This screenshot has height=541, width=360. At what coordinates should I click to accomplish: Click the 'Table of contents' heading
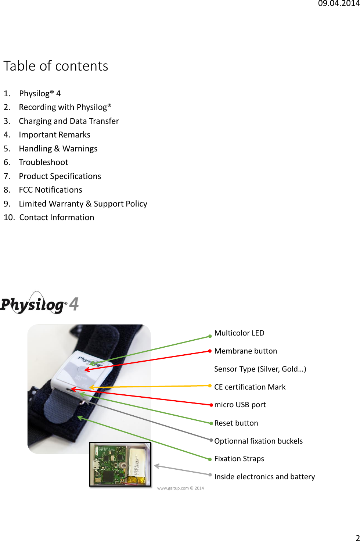(56, 66)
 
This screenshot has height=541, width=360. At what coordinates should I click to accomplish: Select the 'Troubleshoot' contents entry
(43, 162)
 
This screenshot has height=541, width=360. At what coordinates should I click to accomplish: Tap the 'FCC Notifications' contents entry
(50, 190)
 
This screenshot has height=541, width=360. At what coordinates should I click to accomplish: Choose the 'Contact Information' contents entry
(57, 218)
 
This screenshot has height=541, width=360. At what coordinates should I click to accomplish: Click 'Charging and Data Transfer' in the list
(69, 121)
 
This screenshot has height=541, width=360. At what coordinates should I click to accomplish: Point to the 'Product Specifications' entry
(60, 176)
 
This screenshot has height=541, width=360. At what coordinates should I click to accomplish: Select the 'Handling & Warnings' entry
(58, 149)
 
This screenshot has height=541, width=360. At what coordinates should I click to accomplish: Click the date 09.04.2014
(338, 4)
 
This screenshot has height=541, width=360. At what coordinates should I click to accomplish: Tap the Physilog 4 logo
(39, 304)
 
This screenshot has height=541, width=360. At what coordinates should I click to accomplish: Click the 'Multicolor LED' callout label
(239, 333)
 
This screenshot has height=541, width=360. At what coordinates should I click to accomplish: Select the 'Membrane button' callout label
(245, 351)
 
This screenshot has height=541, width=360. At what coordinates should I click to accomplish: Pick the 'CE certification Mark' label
(250, 387)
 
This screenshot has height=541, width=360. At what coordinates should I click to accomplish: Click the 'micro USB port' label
(240, 405)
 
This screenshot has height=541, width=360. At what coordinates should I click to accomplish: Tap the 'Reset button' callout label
(236, 423)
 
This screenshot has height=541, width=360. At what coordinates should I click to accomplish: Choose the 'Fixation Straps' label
(239, 459)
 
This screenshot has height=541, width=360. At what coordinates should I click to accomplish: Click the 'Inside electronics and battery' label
(264, 477)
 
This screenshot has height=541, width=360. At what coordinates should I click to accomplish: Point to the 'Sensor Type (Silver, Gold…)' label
(260, 369)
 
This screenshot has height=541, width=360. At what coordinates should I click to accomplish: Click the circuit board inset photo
(120, 465)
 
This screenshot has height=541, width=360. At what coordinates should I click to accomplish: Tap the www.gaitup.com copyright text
(180, 488)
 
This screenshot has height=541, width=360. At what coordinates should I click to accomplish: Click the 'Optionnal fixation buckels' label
(258, 441)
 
